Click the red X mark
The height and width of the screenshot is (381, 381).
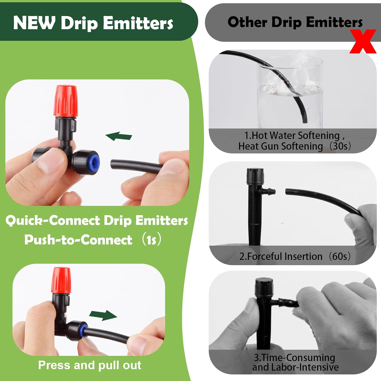pyautogui.click(x=363, y=41)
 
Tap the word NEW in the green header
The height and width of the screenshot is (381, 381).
pyautogui.click(x=34, y=23)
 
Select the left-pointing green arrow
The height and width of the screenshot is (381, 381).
pyautogui.click(x=119, y=136)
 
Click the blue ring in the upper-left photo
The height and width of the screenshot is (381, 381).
pyautogui.click(x=95, y=162)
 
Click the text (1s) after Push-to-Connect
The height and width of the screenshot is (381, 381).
pyautogui.click(x=151, y=240)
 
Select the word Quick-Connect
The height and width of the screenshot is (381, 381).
pyautogui.click(x=53, y=220)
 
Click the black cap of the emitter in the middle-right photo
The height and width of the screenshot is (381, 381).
pyautogui.click(x=255, y=176)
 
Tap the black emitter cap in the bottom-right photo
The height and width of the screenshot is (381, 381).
pyautogui.click(x=264, y=286)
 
